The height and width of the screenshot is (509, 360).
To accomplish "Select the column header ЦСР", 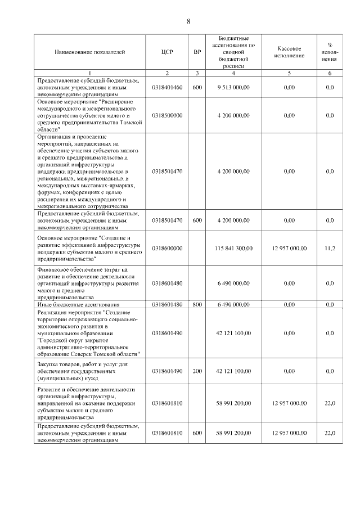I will (x=166, y=52).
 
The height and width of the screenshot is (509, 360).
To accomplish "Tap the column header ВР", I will (x=197, y=52).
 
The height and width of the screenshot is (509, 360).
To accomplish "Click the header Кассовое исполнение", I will (x=290, y=52).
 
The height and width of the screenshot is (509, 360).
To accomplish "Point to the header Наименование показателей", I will (x=90, y=52).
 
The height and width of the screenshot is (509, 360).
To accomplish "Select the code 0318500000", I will (x=167, y=115).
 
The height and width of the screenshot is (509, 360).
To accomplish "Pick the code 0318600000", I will (x=167, y=248).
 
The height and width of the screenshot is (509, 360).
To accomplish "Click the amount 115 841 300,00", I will (x=233, y=248).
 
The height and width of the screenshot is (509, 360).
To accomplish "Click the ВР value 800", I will (x=197, y=304).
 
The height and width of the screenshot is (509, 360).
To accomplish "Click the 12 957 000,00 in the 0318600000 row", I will (x=290, y=248).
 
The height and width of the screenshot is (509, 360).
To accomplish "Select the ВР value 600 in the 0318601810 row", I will (x=197, y=433).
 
